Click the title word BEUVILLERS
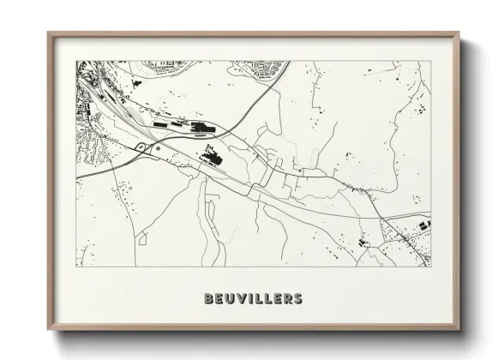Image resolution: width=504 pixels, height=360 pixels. point(253,299)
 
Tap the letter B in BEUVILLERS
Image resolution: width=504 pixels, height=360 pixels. point(209,299)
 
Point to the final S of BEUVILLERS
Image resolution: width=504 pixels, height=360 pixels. point(297,299)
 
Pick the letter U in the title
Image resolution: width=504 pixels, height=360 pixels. point(229,299)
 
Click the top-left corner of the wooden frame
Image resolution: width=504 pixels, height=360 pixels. point(49,33)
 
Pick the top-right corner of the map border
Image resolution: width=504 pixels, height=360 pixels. point(429,61)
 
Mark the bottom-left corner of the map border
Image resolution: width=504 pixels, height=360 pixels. point(76,267)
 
